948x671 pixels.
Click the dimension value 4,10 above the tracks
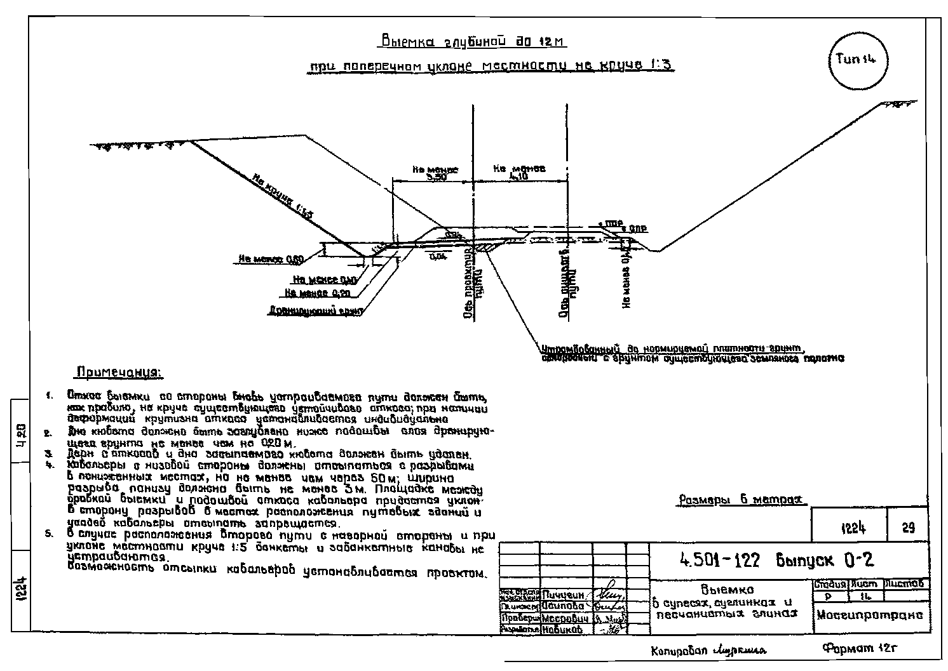coord(518,176)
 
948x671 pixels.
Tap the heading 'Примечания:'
coord(119,371)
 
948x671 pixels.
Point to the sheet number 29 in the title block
coord(908,528)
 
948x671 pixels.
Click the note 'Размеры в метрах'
coord(741,500)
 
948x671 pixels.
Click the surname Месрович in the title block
coord(565,618)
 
